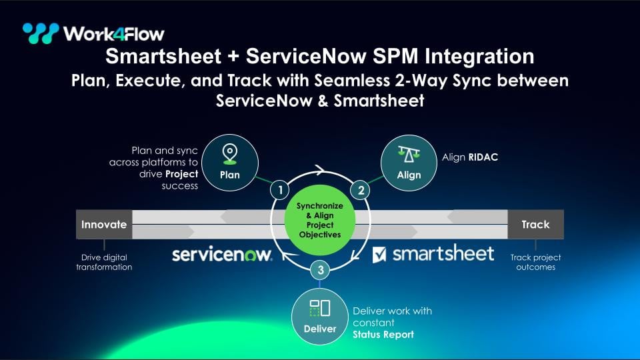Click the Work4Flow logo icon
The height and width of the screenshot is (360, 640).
pyautogui.click(x=41, y=33)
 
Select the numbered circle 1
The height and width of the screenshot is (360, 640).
pyautogui.click(x=280, y=190)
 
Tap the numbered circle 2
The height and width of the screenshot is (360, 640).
pyautogui.click(x=361, y=190)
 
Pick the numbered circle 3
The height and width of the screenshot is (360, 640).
pyautogui.click(x=321, y=270)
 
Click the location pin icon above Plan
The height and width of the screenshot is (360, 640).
pyautogui.click(x=230, y=154)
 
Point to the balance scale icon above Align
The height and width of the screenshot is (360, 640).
pyautogui.click(x=409, y=154)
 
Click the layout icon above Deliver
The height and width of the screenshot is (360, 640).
pyautogui.click(x=320, y=308)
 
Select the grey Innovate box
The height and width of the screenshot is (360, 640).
pyautogui.click(x=104, y=225)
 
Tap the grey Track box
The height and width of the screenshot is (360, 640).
pyautogui.click(x=535, y=225)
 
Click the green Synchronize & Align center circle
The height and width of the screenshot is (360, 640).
pyautogui.click(x=319, y=221)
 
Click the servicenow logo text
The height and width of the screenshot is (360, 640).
pyautogui.click(x=222, y=255)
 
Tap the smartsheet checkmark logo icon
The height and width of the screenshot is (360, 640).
pyautogui.click(x=379, y=255)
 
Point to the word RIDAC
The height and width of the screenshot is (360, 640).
pyautogui.click(x=483, y=157)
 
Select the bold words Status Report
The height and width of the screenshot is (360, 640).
pyautogui.click(x=383, y=335)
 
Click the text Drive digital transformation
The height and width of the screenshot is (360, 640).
pyautogui.click(x=104, y=262)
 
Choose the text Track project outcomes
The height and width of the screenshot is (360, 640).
pyautogui.click(x=535, y=262)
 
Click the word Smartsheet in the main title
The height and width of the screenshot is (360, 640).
pyautogui.click(x=163, y=56)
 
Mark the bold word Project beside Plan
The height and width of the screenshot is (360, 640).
pyautogui.click(x=181, y=174)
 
